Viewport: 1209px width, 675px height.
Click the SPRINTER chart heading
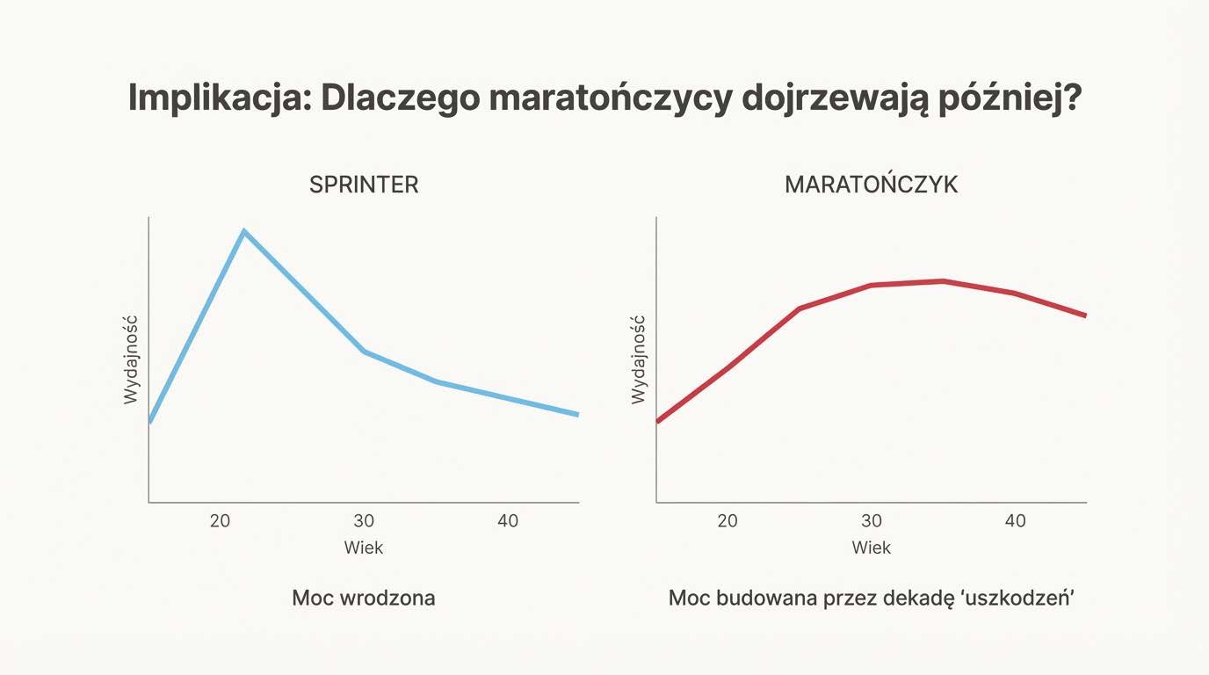(363, 185)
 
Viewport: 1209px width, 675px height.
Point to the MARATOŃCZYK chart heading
(871, 185)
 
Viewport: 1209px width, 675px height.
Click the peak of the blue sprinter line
(243, 231)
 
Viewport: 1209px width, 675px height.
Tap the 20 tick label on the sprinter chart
(220, 520)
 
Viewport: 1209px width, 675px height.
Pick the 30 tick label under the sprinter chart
(364, 520)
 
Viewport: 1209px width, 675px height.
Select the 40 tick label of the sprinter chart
(508, 520)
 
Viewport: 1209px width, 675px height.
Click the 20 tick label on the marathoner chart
(728, 520)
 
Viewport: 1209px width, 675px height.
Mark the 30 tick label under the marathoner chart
(872, 520)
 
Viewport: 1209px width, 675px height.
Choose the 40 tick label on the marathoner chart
(1015, 520)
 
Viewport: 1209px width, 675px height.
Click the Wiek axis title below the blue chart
(364, 548)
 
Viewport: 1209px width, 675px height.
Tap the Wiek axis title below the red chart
(872, 548)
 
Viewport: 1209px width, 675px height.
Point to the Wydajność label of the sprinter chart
(132, 360)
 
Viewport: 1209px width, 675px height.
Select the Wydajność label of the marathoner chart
(639, 360)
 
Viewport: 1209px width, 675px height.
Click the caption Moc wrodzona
(363, 599)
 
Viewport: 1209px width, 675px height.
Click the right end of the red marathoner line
(1086, 315)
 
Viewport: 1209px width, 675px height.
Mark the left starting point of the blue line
(150, 422)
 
